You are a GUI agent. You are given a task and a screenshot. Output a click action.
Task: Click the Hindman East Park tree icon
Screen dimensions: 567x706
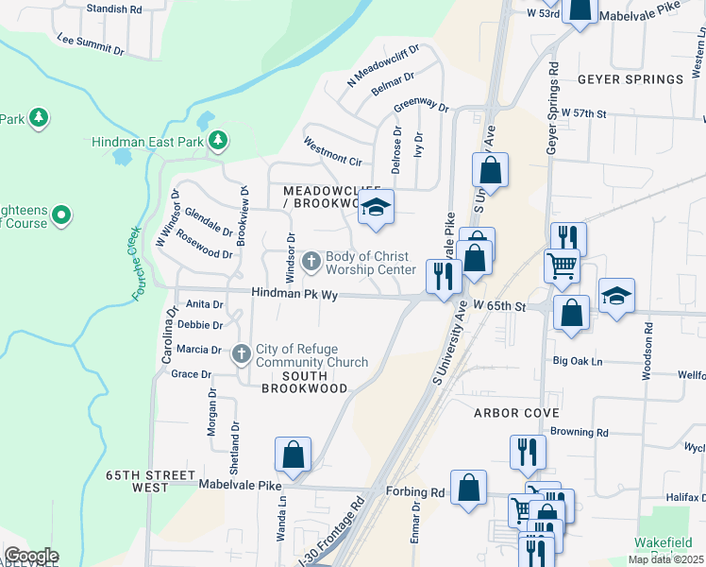218,141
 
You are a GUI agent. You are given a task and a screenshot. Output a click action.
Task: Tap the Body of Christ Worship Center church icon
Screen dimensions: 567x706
312,259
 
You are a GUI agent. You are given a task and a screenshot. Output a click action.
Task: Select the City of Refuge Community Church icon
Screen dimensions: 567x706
241,353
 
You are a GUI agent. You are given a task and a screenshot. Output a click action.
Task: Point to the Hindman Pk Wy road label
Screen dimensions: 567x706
294,295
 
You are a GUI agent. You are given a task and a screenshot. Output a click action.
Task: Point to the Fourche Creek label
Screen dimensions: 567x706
137,264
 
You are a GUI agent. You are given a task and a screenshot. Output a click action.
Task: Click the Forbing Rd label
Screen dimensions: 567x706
415,492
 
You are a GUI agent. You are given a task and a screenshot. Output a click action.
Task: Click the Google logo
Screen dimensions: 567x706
31,556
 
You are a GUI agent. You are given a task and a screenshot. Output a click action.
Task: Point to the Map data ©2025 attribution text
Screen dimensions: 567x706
666,559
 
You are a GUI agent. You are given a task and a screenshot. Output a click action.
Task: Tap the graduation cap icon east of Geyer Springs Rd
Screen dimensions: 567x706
616,296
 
